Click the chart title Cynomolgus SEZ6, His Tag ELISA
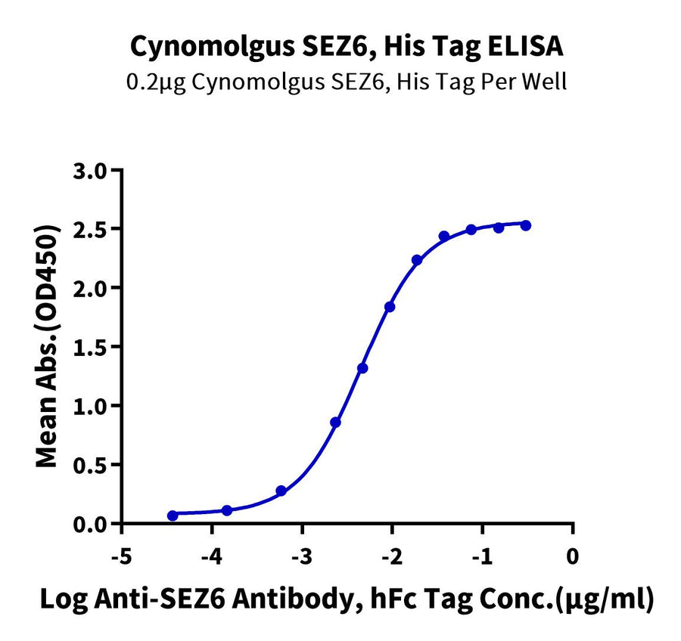[347, 47]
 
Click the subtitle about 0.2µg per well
[347, 81]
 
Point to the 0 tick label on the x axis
[573, 557]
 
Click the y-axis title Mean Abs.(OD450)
[49, 345]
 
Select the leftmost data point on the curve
[173, 516]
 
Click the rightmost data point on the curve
[526, 225]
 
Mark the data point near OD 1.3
[362, 368]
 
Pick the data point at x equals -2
[390, 307]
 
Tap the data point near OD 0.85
[335, 423]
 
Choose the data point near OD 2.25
[417, 260]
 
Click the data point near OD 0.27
[281, 491]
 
